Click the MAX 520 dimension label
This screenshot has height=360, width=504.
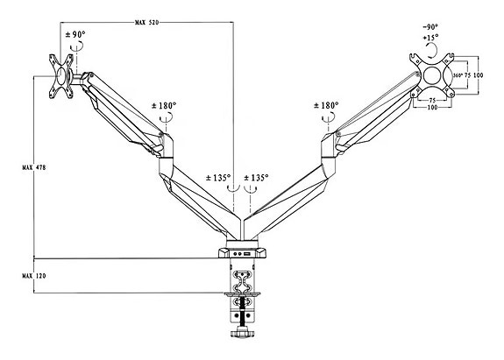click(146, 23)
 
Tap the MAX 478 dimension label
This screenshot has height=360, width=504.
click(34, 167)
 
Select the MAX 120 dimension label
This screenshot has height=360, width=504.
click(34, 276)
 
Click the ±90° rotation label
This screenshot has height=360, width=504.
click(75, 34)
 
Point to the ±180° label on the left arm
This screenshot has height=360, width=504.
click(164, 105)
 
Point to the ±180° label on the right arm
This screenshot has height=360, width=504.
click(326, 105)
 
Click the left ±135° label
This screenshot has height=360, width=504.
click(218, 177)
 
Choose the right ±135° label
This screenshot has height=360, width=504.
click(256, 177)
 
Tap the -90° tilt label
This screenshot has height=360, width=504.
click(430, 27)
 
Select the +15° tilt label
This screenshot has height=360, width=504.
click(430, 38)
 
